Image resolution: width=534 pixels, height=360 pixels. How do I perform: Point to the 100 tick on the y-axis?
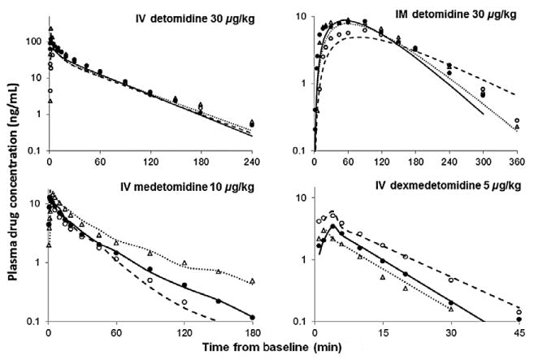35,41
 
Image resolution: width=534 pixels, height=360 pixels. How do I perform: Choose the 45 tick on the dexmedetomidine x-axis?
518,332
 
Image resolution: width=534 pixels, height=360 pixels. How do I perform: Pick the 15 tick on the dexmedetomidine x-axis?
382,332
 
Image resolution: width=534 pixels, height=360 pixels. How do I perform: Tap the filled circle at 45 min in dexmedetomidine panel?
518,319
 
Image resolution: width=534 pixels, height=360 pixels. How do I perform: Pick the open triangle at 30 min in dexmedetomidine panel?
450,308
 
